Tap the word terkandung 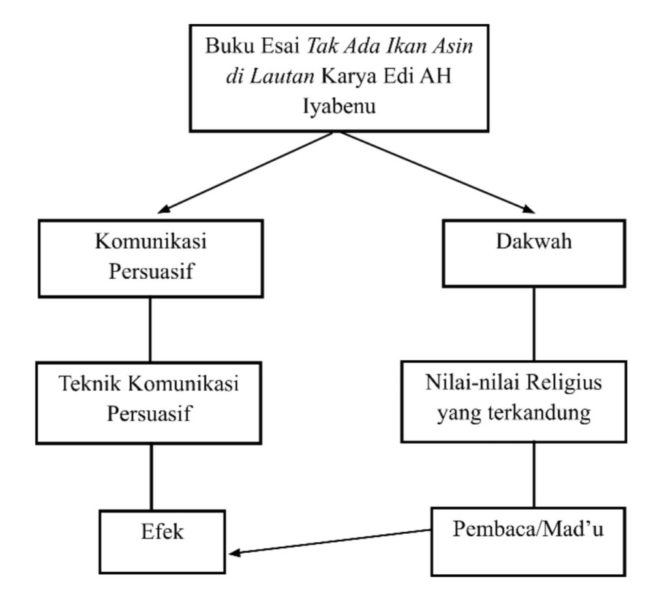click(x=550, y=413)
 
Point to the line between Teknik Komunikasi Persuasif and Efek click(x=151, y=476)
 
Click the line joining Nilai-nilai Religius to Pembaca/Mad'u click(x=535, y=474)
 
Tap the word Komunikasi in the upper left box click(x=151, y=242)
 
